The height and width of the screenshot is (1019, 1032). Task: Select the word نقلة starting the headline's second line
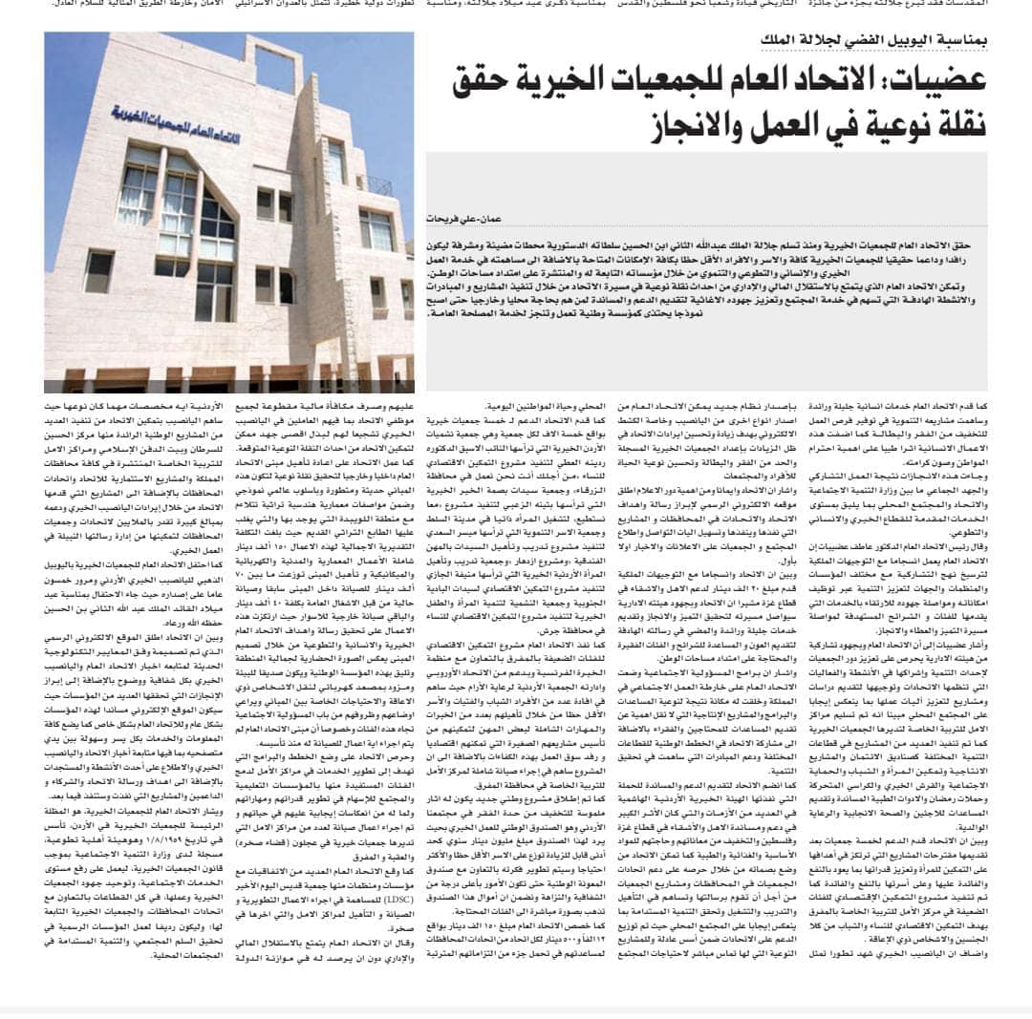pyautogui.click(x=952, y=124)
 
